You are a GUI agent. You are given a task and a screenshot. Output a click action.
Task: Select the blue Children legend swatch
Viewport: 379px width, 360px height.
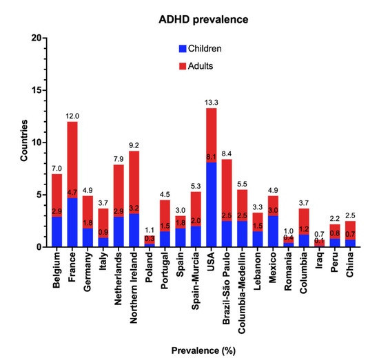(x=182, y=49)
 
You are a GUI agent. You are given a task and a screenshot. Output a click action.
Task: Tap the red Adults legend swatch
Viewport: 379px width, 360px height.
(x=182, y=65)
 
